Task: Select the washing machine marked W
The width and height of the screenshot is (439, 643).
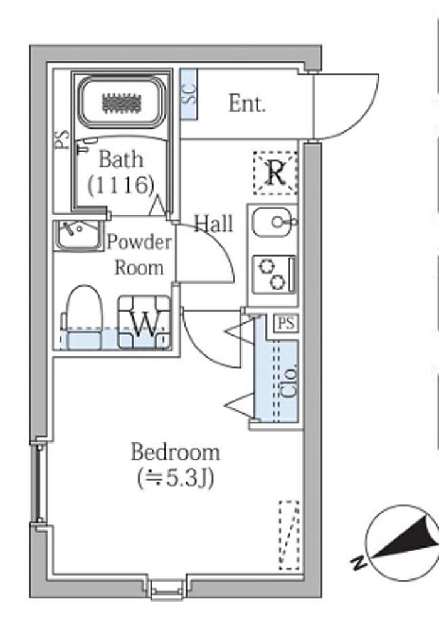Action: click(144, 321)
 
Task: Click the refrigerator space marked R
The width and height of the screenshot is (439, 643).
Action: click(275, 171)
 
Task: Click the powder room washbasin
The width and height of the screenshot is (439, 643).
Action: click(77, 234)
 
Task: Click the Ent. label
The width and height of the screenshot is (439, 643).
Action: click(246, 104)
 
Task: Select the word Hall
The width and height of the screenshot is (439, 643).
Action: click(213, 223)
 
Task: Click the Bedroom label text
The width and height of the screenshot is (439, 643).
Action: click(175, 452)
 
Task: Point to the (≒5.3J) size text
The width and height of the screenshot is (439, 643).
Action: click(175, 479)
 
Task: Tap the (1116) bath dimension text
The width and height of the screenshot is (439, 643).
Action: click(121, 184)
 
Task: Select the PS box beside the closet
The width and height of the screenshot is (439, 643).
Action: click(286, 324)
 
